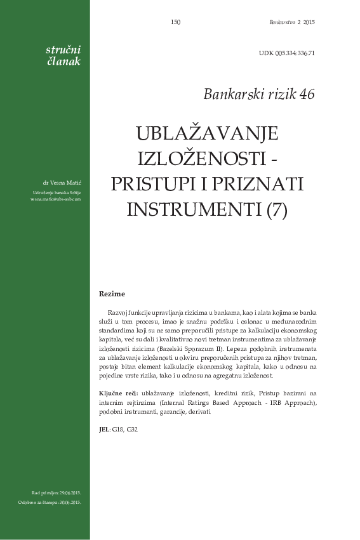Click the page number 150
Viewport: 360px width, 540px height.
tap(176, 22)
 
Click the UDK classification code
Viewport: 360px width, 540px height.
tap(286, 53)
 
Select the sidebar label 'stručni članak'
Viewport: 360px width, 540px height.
tap(63, 55)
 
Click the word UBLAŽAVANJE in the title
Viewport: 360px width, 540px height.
tap(208, 134)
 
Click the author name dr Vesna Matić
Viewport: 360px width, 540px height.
tap(62, 183)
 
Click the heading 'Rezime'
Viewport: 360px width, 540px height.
tap(112, 294)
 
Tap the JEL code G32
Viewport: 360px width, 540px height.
tap(131, 430)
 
